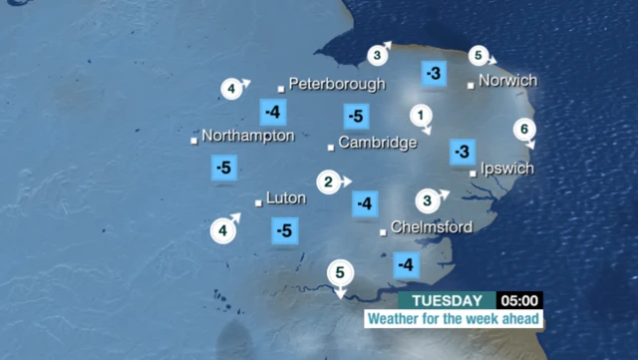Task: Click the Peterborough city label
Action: pyautogui.click(x=336, y=84)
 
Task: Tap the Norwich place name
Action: pyautogui.click(x=507, y=81)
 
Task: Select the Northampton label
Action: pyautogui.click(x=247, y=136)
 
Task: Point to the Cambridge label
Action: pyautogui.click(x=377, y=143)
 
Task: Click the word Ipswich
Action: pyautogui.click(x=506, y=169)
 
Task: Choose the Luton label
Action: pyautogui.click(x=286, y=198)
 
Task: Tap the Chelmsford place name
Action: pyautogui.click(x=431, y=227)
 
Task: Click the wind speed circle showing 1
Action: pyautogui.click(x=422, y=115)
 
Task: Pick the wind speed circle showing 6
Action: pyautogui.click(x=525, y=130)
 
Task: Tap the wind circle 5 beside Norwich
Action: pyautogui.click(x=479, y=56)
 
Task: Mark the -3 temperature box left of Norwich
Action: pyautogui.click(x=434, y=74)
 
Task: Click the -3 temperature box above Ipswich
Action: pyautogui.click(x=462, y=152)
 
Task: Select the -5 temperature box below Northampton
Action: pyautogui.click(x=224, y=168)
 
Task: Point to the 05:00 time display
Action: pyautogui.click(x=520, y=300)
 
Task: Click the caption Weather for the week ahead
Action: pyautogui.click(x=454, y=319)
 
